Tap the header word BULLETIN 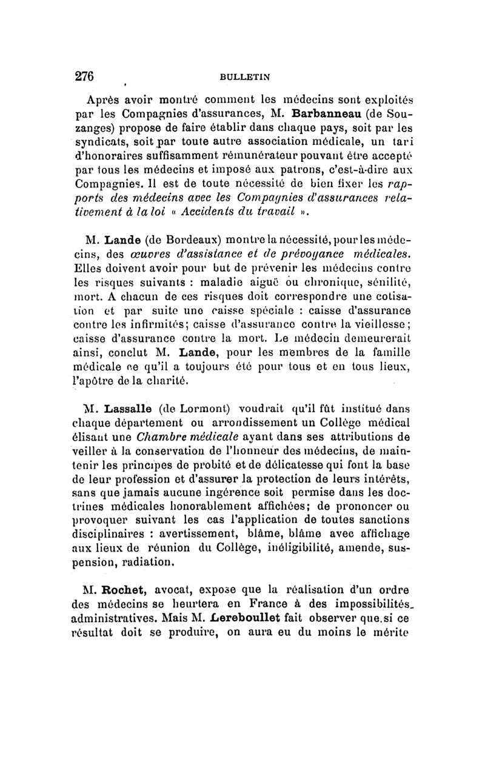click(244, 77)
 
